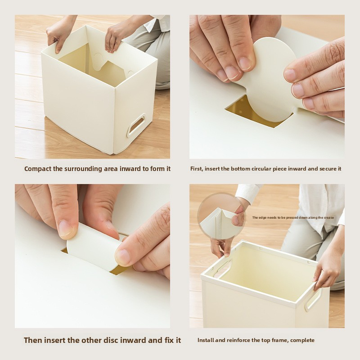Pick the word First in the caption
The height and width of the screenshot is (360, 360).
tap(197, 169)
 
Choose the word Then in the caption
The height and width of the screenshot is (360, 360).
tap(34, 340)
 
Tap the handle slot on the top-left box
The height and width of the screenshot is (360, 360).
tap(136, 124)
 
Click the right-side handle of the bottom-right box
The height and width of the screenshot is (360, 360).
tap(313, 299)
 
